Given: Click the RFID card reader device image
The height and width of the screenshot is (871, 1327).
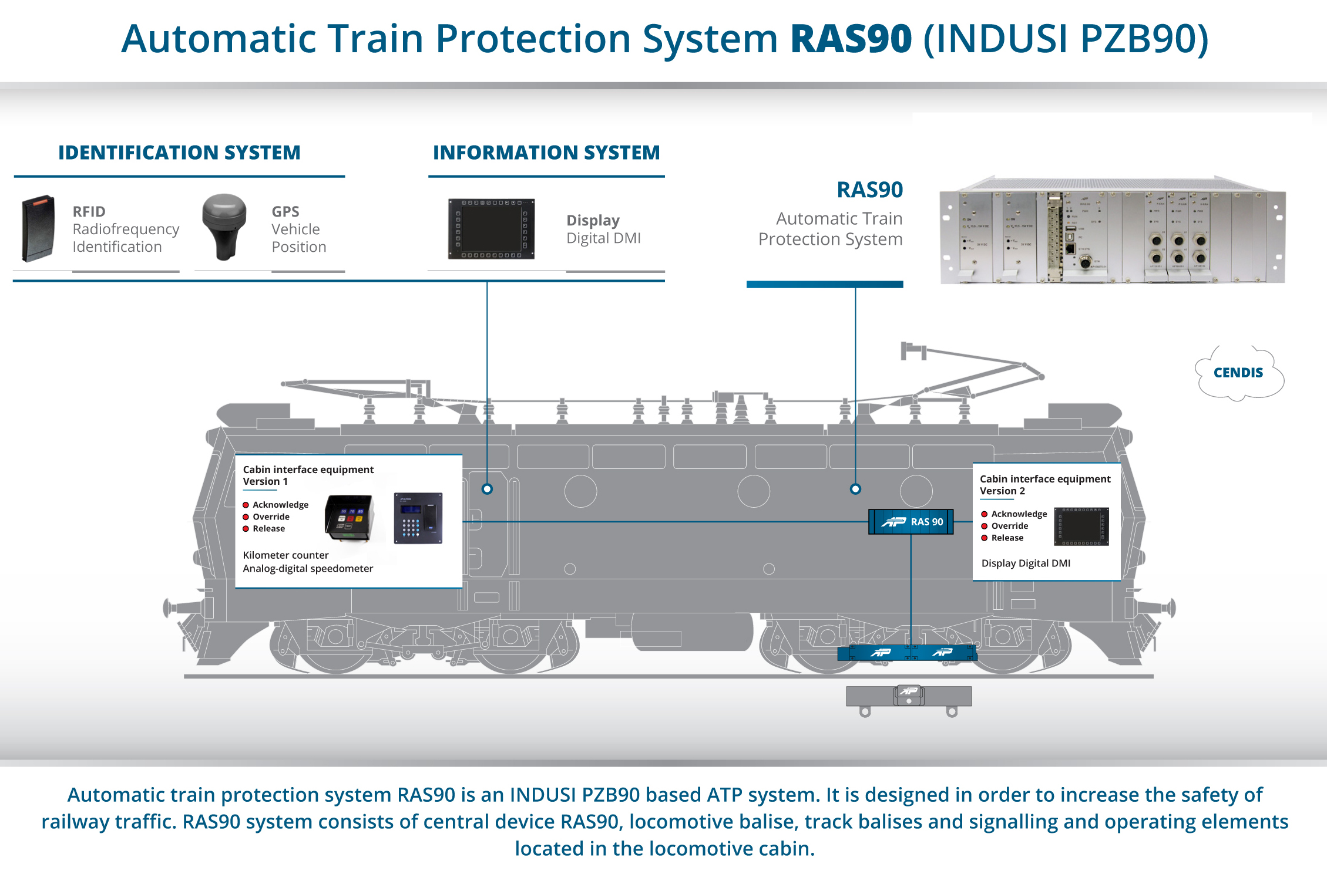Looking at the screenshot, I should tap(39, 228).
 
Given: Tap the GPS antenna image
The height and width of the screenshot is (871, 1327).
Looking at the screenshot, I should tap(224, 226).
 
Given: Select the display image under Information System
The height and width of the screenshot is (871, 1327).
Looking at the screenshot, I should tap(491, 229).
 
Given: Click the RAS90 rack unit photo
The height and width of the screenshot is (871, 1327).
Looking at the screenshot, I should tap(1112, 231).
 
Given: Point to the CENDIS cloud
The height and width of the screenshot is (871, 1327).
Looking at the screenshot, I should tap(1238, 373).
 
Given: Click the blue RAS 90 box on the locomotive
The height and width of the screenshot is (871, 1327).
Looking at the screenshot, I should tap(911, 522).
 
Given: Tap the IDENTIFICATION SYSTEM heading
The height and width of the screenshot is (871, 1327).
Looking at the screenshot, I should tap(179, 153).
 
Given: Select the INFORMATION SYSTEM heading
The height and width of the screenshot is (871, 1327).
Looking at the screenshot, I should tap(546, 153).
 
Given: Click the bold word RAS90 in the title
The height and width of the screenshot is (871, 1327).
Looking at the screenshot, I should tap(851, 39).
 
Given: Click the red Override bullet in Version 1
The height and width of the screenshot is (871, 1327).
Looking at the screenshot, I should tap(246, 517).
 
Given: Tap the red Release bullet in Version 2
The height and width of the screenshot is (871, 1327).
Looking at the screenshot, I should tap(985, 538).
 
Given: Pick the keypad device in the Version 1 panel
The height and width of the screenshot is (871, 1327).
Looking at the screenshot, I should tap(418, 518).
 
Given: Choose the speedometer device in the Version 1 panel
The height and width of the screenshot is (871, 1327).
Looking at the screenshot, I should tap(350, 517).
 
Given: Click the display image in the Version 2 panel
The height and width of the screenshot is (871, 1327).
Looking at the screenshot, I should tap(1081, 526).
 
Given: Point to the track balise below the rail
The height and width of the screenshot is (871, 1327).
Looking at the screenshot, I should tap(908, 696).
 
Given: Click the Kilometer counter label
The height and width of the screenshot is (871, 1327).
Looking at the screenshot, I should tap(285, 555).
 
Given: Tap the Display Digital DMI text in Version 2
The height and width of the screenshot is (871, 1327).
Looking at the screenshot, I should tap(1026, 563).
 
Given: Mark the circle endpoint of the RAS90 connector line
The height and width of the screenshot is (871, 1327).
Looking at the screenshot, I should tap(855, 489).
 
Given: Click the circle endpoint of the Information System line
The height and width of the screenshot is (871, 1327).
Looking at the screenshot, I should tap(487, 489).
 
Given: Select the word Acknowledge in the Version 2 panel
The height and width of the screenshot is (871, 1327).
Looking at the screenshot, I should tap(1019, 514).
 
